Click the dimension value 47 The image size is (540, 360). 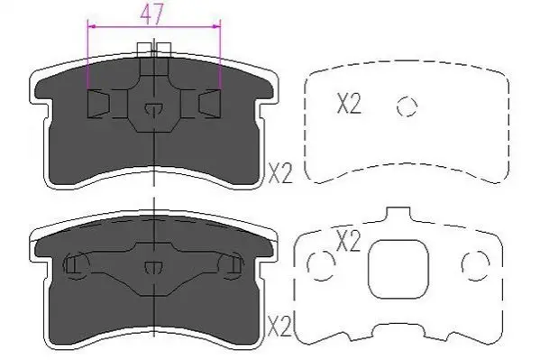(x=151, y=14)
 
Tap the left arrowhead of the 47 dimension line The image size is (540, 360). (x=91, y=26)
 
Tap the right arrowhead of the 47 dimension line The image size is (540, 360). (x=217, y=26)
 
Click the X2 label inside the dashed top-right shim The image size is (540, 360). (x=349, y=104)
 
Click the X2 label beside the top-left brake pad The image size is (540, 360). (x=280, y=173)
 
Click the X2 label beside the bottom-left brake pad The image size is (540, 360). (x=279, y=327)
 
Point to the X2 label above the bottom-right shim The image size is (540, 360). (x=348, y=241)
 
